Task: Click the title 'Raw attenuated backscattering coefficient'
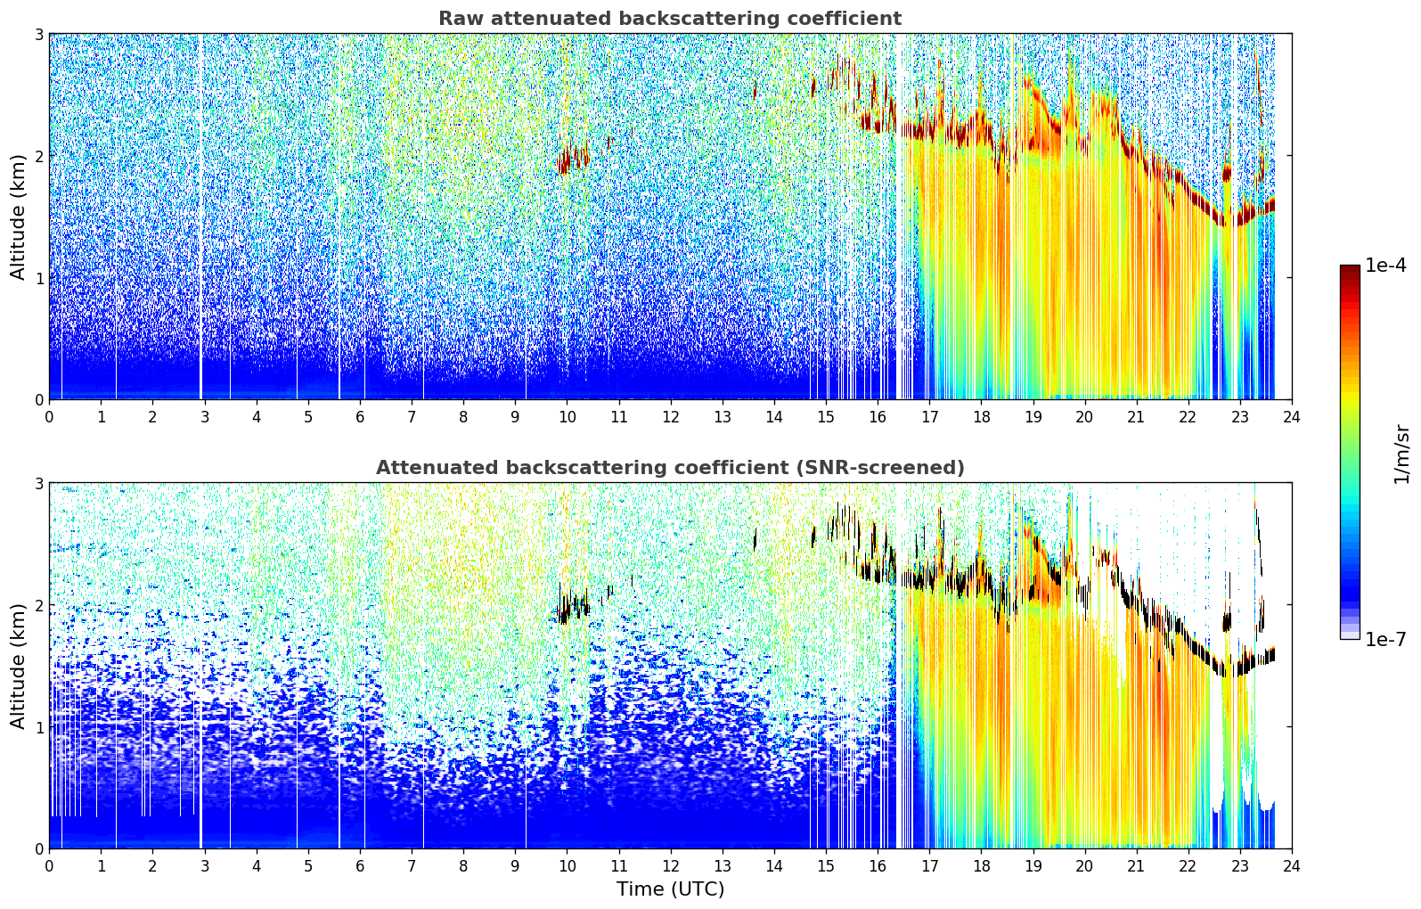670,19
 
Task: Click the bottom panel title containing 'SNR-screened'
670,467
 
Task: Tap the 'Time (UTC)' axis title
670,889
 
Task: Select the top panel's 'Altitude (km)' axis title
17,217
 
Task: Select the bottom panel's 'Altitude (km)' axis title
17,666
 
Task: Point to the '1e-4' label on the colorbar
1385,266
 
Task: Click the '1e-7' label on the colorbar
1385,639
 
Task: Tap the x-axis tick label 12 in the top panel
671,417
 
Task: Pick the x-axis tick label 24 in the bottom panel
1292,866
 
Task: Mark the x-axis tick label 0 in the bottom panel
50,866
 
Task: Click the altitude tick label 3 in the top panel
38,34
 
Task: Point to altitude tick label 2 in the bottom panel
38,605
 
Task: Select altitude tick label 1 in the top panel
38,277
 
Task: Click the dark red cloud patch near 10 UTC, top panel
572,159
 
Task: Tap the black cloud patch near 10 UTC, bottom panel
572,605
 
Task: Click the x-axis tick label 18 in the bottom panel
982,866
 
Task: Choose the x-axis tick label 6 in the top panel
360,417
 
